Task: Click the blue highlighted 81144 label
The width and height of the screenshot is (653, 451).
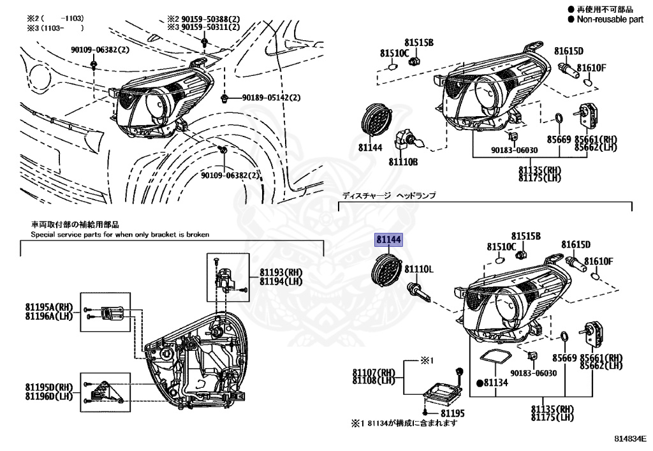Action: click(x=388, y=240)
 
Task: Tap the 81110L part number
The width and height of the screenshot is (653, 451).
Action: click(x=420, y=270)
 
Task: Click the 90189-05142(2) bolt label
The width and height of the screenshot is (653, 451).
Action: click(x=271, y=98)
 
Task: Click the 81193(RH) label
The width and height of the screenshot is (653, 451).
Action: click(x=281, y=272)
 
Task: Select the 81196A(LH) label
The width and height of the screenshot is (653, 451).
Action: click(x=50, y=316)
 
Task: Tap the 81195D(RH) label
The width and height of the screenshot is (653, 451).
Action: click(x=50, y=387)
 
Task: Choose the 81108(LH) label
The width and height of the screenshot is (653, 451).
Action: click(x=374, y=380)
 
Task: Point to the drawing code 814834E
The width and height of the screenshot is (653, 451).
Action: click(x=630, y=439)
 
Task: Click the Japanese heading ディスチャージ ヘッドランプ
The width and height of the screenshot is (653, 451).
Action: click(x=388, y=196)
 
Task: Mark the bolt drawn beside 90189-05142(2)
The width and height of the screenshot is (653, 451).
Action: click(x=226, y=98)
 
